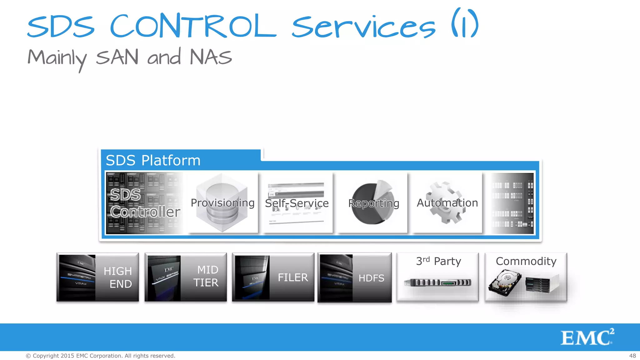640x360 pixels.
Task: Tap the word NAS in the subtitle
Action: click(x=211, y=57)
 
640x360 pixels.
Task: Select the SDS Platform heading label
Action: click(x=153, y=160)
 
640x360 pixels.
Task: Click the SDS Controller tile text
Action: click(x=145, y=203)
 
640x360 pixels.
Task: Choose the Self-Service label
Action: click(x=297, y=203)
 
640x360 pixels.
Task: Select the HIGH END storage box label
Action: click(x=118, y=277)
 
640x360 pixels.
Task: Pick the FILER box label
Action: click(x=293, y=277)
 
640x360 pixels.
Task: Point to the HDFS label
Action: click(x=371, y=278)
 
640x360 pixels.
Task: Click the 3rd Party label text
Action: click(x=438, y=261)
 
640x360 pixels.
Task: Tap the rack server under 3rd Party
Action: click(x=437, y=282)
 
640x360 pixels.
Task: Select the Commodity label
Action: click(x=526, y=261)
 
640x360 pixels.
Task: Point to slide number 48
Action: click(x=632, y=356)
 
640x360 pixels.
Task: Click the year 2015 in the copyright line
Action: click(x=67, y=356)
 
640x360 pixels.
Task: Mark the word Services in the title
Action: click(x=363, y=27)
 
